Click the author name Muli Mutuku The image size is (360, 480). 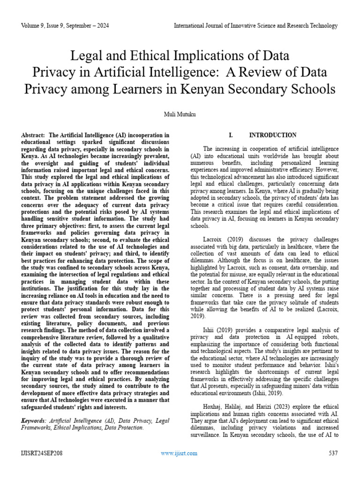coord(180,113)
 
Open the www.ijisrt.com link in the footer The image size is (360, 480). coord(179,453)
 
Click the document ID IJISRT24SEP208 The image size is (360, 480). coord(42,453)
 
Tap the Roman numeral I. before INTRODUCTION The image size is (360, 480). coord(230,135)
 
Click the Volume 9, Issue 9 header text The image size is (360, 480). coord(65,26)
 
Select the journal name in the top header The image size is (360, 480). coord(255,26)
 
